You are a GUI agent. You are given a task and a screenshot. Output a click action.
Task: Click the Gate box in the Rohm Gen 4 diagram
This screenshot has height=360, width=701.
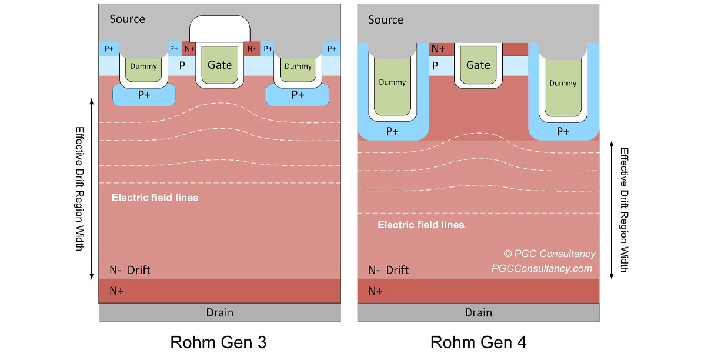coord(478,65)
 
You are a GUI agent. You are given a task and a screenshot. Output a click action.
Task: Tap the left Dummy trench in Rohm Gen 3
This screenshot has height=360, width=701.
coord(143,66)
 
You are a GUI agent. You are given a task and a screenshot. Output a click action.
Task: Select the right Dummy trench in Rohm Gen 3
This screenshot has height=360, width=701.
coord(298,66)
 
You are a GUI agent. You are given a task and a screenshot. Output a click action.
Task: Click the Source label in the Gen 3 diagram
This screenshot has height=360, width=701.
coord(127,19)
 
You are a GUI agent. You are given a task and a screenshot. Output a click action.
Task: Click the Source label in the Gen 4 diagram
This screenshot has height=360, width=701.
coord(386,19)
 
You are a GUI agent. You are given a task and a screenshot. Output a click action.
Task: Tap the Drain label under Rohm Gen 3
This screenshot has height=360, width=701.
coord(220,312)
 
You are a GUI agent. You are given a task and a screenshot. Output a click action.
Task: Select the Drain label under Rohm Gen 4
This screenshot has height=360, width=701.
coord(478,312)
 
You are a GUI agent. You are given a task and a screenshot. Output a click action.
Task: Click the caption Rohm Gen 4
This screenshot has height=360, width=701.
coord(478,342)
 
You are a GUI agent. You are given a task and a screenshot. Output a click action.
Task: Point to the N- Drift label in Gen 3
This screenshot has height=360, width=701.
coord(130,270)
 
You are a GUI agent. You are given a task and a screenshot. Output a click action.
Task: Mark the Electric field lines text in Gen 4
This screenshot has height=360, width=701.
coord(420,225)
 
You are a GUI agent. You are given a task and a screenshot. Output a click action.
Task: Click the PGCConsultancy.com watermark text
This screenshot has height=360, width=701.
coord(542,268)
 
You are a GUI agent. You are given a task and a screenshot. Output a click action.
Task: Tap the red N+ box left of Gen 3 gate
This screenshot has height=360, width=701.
coord(189,49)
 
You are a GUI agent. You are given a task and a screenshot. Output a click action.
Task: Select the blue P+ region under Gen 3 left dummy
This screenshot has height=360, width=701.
coord(143,95)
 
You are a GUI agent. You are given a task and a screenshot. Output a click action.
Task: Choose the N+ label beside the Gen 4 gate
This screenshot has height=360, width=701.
coord(438,49)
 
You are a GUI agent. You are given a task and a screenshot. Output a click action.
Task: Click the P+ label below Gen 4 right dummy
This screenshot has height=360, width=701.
coord(563,132)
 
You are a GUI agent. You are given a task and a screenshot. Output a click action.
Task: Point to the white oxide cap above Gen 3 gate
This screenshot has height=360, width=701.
coord(220,29)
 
